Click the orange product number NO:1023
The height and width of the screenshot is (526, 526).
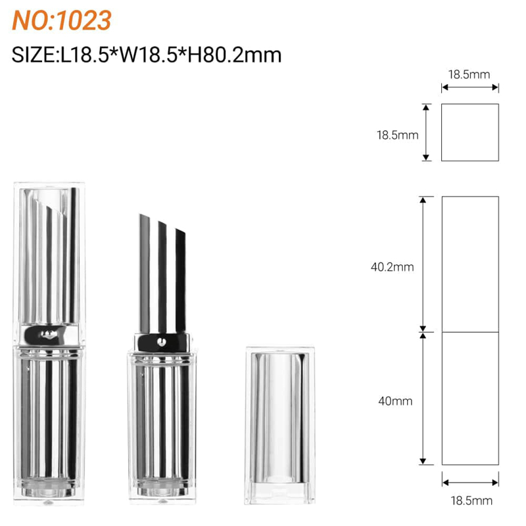[x=62, y=20]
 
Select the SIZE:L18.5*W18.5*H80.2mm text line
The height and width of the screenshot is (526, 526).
[x=147, y=54]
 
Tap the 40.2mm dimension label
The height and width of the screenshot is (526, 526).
[x=392, y=267]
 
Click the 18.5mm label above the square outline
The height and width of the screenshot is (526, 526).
[x=469, y=74]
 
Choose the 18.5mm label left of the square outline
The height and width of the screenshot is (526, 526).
[x=397, y=135]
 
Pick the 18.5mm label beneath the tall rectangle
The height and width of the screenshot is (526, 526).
[x=470, y=501]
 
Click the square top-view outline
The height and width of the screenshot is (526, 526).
[x=469, y=132]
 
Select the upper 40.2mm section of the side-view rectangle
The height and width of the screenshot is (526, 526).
[x=469, y=263]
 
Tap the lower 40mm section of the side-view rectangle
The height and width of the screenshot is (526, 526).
[x=469, y=398]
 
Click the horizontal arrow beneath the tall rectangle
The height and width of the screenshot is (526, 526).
[x=469, y=481]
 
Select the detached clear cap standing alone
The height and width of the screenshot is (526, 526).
[x=277, y=426]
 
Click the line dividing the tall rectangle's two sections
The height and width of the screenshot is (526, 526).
[x=469, y=331]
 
